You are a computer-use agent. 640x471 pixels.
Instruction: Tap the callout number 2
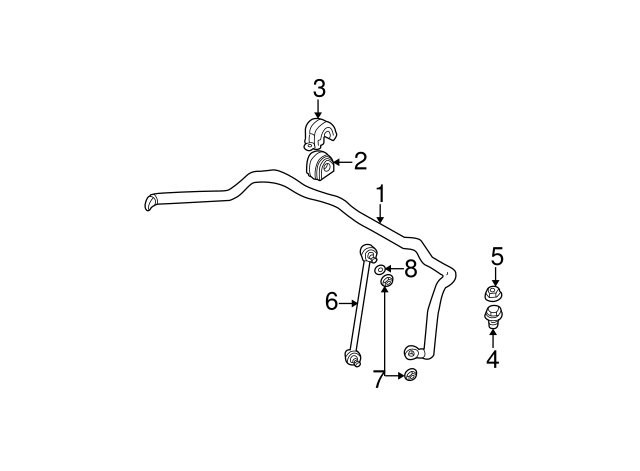(x=360, y=160)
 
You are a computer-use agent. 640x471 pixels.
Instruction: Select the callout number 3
(x=319, y=89)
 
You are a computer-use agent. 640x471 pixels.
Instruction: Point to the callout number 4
(x=491, y=359)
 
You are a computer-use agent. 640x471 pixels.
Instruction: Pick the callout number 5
(x=496, y=258)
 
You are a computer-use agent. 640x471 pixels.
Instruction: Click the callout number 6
(x=331, y=301)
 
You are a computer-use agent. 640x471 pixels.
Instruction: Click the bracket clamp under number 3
(x=320, y=134)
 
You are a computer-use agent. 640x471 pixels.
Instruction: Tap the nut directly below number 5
(x=492, y=293)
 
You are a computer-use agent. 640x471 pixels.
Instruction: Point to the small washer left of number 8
(x=380, y=269)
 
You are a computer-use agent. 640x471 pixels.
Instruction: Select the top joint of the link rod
(x=367, y=251)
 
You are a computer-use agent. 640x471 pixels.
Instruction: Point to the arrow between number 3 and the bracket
(x=319, y=109)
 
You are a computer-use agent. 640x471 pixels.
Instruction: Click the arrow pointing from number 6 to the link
(x=350, y=302)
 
